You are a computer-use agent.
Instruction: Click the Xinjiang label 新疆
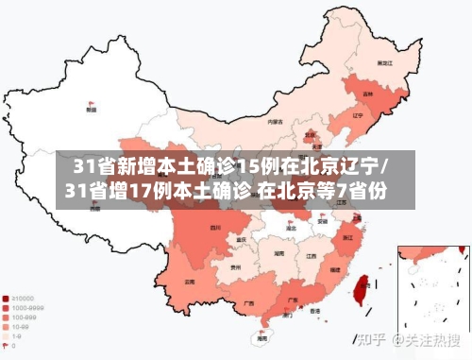(x=91, y=110)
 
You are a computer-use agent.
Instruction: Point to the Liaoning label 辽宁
(x=357, y=115)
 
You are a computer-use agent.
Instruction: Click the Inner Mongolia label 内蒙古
(x=275, y=122)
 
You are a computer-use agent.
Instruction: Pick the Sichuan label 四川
(x=216, y=228)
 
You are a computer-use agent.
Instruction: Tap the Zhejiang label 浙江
(x=348, y=237)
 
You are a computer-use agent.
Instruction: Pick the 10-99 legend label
(x=20, y=327)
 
